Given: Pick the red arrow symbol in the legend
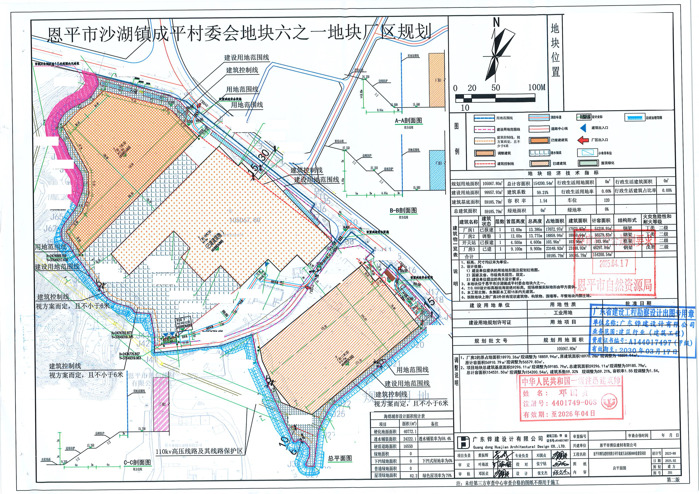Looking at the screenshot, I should [583, 140].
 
